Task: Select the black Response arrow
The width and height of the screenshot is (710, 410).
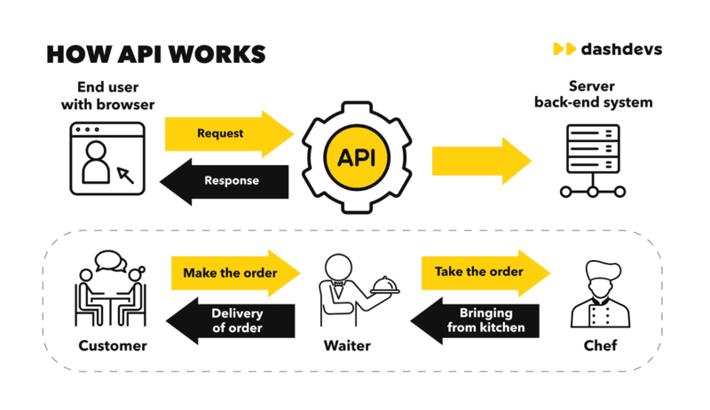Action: pyautogui.click(x=226, y=180)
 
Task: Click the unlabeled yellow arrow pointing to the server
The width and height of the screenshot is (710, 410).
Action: pyautogui.click(x=479, y=161)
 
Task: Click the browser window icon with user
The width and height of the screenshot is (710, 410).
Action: pyautogui.click(x=107, y=159)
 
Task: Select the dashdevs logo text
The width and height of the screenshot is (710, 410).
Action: pyautogui.click(x=620, y=49)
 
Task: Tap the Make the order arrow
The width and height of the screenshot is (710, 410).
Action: pyautogui.click(x=234, y=272)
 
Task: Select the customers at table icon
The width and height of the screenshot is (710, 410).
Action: pyautogui.click(x=111, y=289)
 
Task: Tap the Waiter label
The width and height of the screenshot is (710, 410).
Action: pyautogui.click(x=347, y=346)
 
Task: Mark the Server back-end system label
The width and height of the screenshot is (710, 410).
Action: pyautogui.click(x=593, y=94)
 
